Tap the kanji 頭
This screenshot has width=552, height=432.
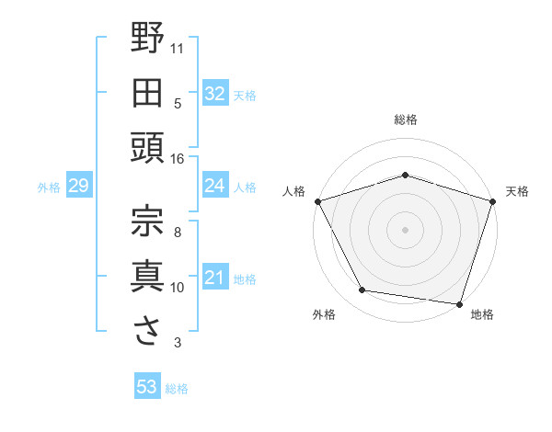[x=148, y=148]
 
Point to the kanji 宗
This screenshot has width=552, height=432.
[x=148, y=220]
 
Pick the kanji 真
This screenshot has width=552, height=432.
[x=148, y=275]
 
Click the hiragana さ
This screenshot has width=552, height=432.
[x=148, y=331]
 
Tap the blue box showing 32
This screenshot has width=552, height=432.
[x=215, y=94]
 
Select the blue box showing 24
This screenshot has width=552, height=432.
[x=215, y=187]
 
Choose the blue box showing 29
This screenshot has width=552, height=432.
[x=78, y=187]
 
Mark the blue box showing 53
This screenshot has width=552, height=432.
[x=147, y=387]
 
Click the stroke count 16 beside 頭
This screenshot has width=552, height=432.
[x=177, y=159]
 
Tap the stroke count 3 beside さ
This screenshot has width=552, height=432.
[x=177, y=343]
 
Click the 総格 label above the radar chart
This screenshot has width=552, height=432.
[x=406, y=119]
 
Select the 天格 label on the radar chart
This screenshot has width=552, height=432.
[x=518, y=191]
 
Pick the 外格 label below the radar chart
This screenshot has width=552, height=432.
[x=324, y=315]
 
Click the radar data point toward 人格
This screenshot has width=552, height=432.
[x=317, y=200]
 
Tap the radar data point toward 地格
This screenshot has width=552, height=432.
[x=459, y=303]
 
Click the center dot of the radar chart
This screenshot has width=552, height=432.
[x=406, y=229]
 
